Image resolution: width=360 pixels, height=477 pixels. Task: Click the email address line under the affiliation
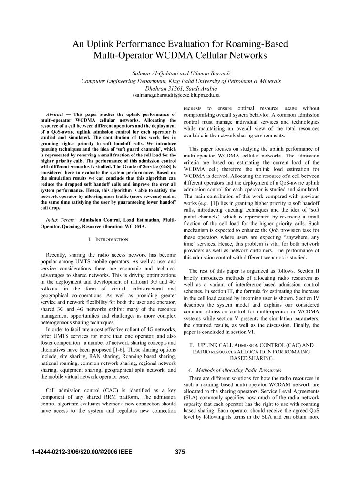(180, 96)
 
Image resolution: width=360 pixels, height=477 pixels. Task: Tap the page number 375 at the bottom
(180, 452)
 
